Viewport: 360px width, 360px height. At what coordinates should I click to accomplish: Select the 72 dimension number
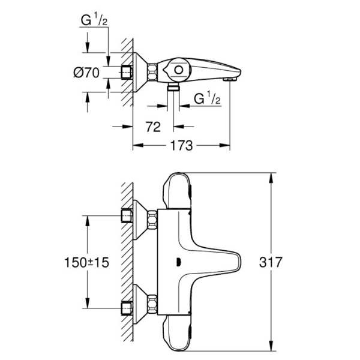coord(154,127)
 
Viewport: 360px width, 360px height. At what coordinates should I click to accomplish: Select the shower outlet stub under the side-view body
coord(173,88)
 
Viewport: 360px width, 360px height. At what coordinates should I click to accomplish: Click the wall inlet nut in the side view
coord(127,73)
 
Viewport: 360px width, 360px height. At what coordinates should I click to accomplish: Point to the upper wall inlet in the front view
coord(127,215)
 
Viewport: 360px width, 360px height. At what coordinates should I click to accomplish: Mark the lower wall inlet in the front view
coord(127,307)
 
